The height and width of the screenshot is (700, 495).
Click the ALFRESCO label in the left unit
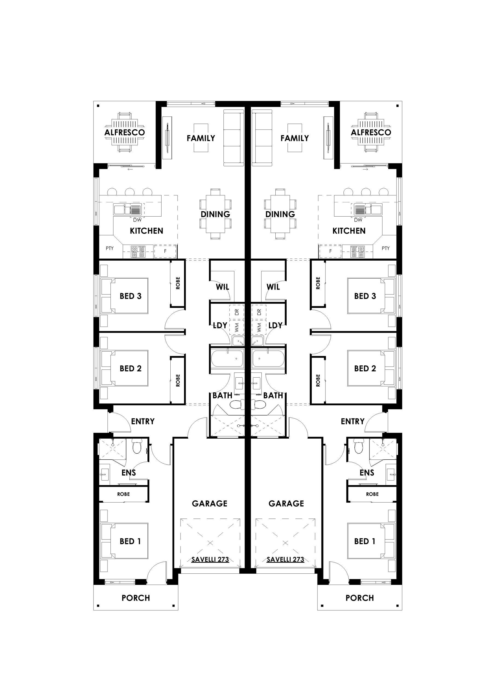pos(124,132)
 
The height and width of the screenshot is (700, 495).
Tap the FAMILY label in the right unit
pos(295,138)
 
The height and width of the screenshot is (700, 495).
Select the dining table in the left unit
pos(215,214)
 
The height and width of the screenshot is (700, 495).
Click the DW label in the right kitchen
pos(358,220)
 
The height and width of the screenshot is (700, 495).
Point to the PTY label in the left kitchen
pos(109,248)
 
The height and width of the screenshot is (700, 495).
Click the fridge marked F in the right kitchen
pos(330,251)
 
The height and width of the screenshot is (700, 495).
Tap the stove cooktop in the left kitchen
pos(138,252)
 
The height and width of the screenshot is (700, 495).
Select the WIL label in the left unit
pos(222,287)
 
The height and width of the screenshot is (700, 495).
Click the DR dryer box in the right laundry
pos(259,312)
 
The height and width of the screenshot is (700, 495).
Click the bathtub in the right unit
pos(268,358)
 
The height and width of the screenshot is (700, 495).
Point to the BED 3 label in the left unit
pos(130,296)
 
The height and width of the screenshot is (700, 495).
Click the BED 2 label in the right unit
pos(365,369)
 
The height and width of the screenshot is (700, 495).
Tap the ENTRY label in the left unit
pos(143,421)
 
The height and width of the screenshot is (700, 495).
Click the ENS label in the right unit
pos(366,472)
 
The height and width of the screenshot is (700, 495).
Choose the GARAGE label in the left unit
pos(209,503)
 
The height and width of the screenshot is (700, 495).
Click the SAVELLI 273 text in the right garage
pos(286,559)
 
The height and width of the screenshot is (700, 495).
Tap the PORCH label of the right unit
pos(360,598)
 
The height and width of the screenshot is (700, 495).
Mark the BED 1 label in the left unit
pos(130,541)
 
